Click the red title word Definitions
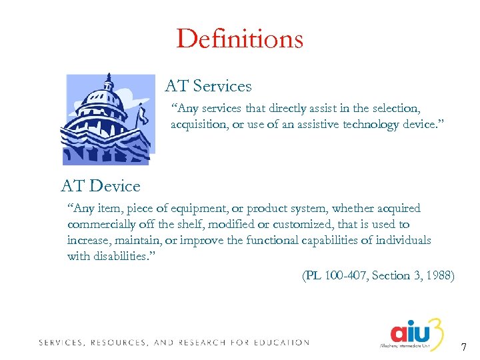pos(239,39)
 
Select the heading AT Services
pos(208,86)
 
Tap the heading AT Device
pos(101,185)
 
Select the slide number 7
pos(464,347)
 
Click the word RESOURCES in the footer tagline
pos(117,343)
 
